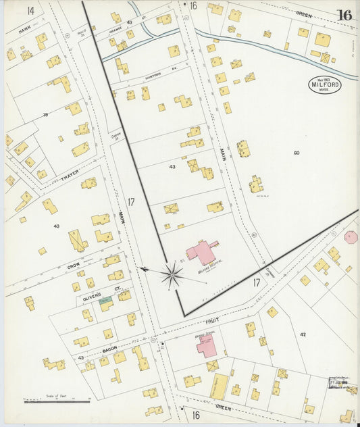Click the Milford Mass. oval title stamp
click(x=324, y=85)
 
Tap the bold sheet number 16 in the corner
click(x=344, y=15)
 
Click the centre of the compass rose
click(x=172, y=274)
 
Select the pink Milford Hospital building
click(x=202, y=252)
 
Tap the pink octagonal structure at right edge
click(x=351, y=237)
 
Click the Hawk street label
click(x=25, y=30)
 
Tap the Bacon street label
click(x=110, y=348)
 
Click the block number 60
click(x=297, y=153)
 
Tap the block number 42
click(x=303, y=334)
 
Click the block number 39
click(x=45, y=115)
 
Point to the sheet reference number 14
click(x=30, y=10)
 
